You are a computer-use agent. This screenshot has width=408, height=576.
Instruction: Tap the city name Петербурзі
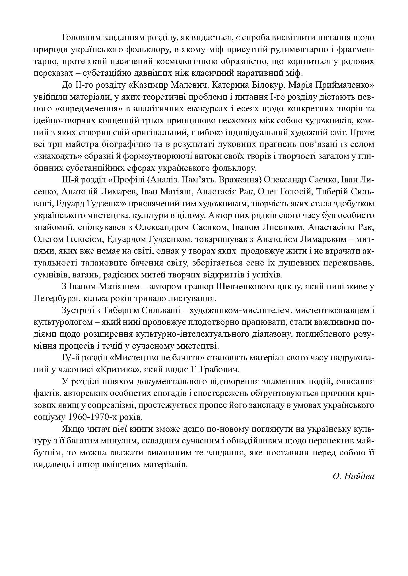pyautogui.click(x=58, y=299)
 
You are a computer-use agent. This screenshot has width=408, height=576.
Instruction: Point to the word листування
pyautogui.click(x=188, y=299)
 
